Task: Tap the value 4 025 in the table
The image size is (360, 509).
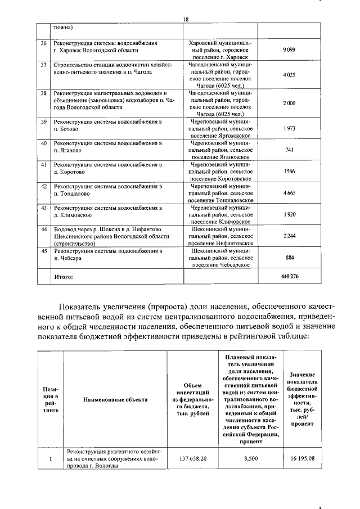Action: [290, 75]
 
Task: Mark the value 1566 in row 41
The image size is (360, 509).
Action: [290, 171]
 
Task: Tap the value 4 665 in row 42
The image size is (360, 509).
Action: [290, 193]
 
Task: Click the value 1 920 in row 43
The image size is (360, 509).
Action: [290, 214]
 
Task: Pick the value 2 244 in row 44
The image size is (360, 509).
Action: [290, 236]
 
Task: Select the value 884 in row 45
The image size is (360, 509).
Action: [290, 258]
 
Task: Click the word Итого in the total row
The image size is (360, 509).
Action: [64, 277]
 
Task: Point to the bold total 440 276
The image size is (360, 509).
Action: [290, 277]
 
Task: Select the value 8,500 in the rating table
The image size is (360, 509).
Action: [250, 459]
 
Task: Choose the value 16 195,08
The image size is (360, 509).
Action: [302, 459]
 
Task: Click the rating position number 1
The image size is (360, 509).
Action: [50, 459]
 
